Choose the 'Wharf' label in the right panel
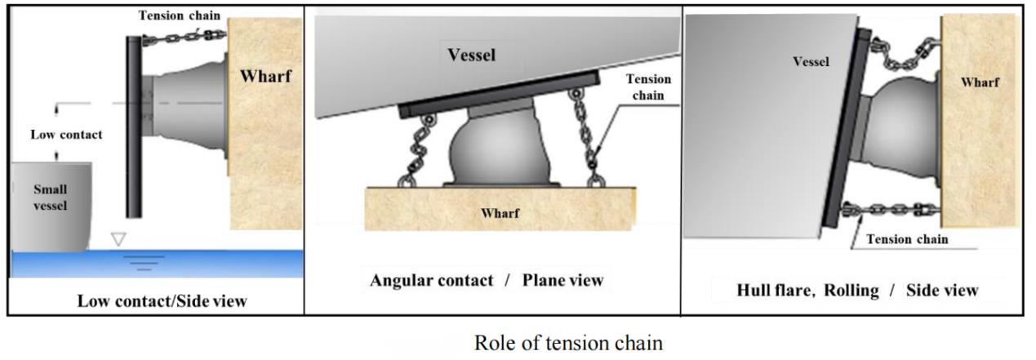tap(980, 82)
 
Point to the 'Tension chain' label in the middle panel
tap(650, 87)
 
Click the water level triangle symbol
tap(120, 238)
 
